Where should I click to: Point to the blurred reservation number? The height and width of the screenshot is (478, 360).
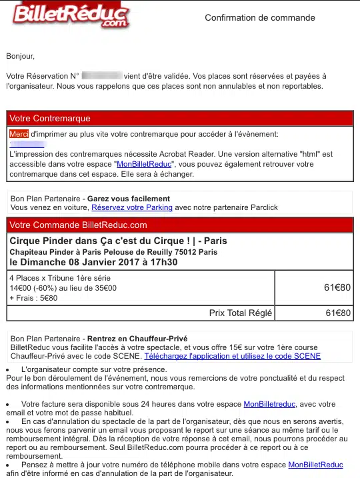tap(101, 75)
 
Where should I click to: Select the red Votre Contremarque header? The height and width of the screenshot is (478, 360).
tap(179, 118)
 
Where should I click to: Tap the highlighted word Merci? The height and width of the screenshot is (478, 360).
tap(19, 133)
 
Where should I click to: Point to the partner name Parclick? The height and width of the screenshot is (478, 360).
tap(261, 207)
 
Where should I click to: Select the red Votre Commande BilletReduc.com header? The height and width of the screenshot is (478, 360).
tap(179, 225)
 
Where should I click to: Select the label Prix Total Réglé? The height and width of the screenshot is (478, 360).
tap(237, 313)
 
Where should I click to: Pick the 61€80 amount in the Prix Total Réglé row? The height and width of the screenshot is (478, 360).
tap(337, 313)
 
